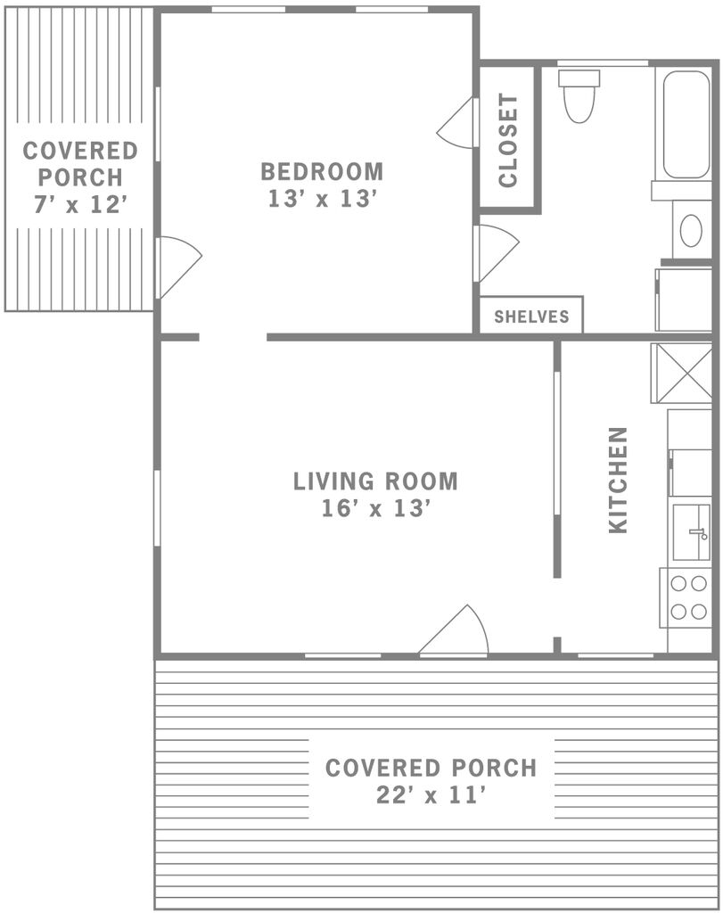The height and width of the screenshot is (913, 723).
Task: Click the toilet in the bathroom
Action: click(579, 95)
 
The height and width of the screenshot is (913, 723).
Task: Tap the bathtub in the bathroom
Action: click(686, 124)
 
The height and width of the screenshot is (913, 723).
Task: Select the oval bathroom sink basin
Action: click(691, 231)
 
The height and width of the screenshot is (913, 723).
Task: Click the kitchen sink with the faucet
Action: click(691, 532)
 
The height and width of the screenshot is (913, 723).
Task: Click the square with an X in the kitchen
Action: click(681, 373)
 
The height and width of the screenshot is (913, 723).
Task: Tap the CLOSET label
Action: click(508, 140)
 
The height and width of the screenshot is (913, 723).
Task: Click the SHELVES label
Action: click(531, 317)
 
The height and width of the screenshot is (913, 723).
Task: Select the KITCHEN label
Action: click(618, 481)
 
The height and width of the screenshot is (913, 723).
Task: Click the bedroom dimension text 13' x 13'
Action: click(322, 199)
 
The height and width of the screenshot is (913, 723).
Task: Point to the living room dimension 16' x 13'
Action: click(375, 508)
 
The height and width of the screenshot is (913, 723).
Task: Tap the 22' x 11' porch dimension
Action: click(431, 794)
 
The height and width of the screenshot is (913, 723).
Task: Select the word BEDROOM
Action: click(322, 172)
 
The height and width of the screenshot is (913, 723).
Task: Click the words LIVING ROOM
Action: click(375, 481)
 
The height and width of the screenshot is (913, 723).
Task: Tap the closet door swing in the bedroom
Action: click(457, 123)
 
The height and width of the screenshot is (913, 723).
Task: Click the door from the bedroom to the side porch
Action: click(179, 267)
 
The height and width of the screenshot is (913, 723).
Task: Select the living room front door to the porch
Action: click(454, 630)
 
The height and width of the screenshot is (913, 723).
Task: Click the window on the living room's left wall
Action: click(157, 507)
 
